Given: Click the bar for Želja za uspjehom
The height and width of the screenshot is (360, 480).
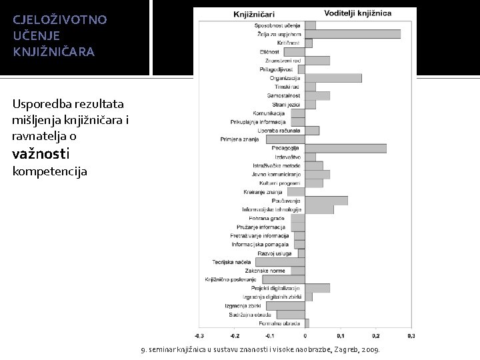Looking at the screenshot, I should (x=353, y=34).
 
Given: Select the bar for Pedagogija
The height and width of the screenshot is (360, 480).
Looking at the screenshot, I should (x=346, y=148).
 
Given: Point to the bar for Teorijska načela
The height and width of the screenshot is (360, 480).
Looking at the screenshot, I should (x=280, y=262).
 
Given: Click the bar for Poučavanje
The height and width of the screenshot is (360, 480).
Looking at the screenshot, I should (x=327, y=201).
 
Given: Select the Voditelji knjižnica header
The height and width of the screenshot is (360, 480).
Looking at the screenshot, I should (x=357, y=13).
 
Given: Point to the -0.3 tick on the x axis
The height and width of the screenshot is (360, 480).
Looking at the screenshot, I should (x=199, y=335).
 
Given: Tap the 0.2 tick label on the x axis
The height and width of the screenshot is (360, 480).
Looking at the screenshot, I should (x=376, y=335).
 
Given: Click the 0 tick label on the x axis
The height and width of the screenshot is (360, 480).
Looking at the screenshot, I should (x=305, y=335).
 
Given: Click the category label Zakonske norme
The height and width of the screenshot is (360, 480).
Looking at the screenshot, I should (x=265, y=271).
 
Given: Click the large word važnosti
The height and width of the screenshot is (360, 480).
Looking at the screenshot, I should (x=40, y=153).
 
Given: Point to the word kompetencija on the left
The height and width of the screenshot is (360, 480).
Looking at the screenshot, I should (x=50, y=171).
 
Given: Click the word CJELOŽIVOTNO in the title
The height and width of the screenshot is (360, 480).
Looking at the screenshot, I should (x=59, y=19).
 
